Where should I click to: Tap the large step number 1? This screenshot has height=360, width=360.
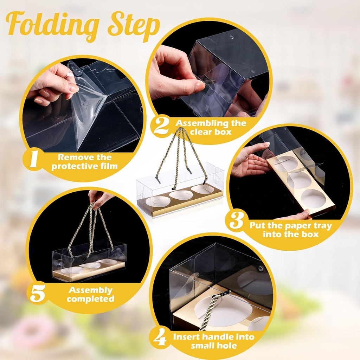33,160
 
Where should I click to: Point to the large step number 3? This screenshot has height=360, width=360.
236,220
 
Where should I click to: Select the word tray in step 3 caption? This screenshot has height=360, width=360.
322,226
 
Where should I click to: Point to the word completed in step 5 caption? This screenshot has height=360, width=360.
90,299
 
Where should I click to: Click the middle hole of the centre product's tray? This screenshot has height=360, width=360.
181,195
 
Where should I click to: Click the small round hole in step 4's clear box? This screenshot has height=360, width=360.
261,268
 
